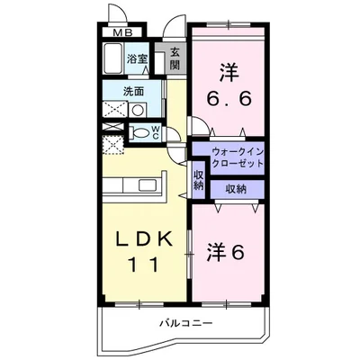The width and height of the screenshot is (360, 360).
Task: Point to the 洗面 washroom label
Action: pyautogui.click(x=134, y=91)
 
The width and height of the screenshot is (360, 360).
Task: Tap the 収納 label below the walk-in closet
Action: pyautogui.click(x=236, y=189)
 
